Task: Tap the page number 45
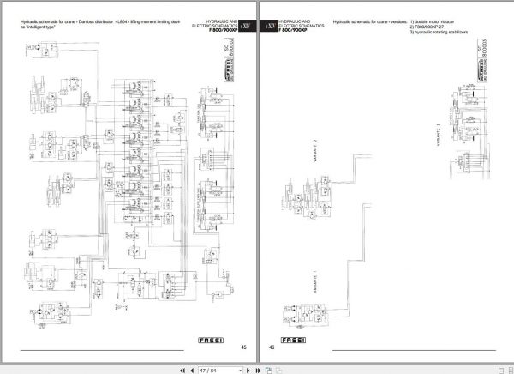pyautogui.click(x=243, y=347)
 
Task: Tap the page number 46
pyautogui.click(x=272, y=347)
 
